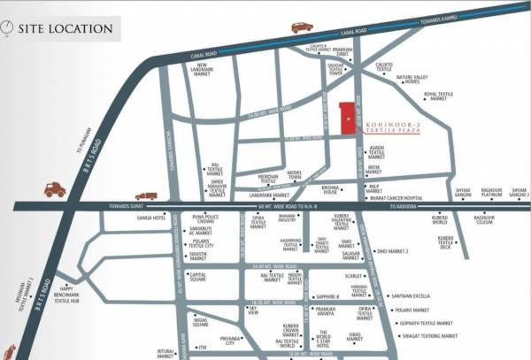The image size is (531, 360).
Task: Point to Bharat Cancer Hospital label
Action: tap(408, 199)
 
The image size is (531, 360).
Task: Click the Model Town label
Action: tap(295, 175)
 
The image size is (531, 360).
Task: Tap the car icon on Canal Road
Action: tap(302, 27)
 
